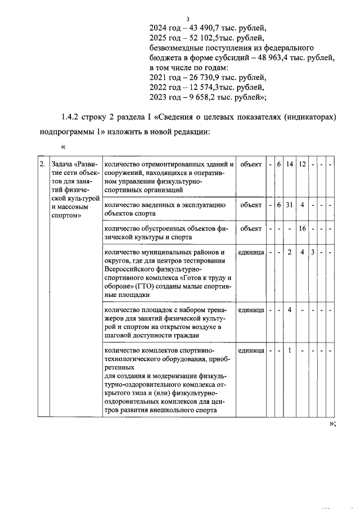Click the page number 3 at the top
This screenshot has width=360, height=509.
(x=180, y=19)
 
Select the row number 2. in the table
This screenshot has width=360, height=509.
(x=42, y=165)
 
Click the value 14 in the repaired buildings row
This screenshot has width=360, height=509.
(x=289, y=164)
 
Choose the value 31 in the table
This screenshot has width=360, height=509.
(x=289, y=205)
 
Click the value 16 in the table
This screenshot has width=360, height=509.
(x=302, y=229)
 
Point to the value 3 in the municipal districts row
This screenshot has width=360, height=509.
(x=313, y=252)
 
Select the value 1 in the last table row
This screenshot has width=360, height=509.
(x=289, y=350)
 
